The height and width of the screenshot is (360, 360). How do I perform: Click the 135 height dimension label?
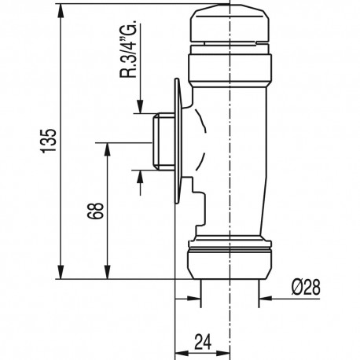[49, 140]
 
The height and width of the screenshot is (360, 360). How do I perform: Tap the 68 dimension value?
[96, 211]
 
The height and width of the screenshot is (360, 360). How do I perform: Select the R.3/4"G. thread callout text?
[128, 49]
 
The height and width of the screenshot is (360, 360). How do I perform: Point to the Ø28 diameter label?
[306, 287]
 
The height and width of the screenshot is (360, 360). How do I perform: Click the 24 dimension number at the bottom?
[203, 342]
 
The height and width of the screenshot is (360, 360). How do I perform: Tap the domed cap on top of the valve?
[230, 26]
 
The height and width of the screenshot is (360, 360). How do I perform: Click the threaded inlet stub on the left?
[163, 141]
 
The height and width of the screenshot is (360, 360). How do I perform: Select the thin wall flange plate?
[178, 141]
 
